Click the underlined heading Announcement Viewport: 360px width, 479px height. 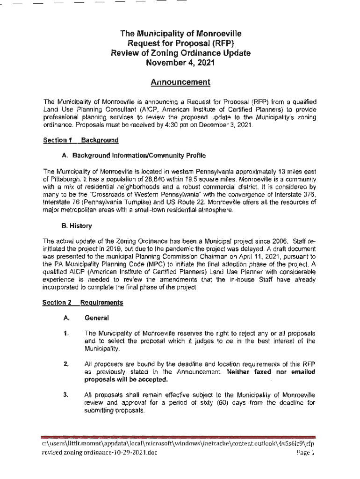coord(180,83)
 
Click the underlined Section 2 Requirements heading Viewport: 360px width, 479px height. coord(83,303)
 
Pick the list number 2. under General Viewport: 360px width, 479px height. coord(67,363)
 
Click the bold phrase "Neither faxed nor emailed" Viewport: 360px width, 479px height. coord(271,371)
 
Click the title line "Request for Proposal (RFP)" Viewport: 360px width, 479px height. coord(180,44)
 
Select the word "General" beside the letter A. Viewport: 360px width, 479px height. coord(96,318)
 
